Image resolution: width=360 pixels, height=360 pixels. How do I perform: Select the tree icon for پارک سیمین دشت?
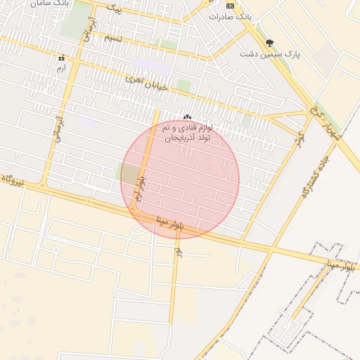(x=270, y=43)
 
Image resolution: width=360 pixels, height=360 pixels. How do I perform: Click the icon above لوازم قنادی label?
(x=187, y=117)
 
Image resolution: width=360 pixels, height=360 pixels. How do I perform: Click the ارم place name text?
(x=61, y=68)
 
